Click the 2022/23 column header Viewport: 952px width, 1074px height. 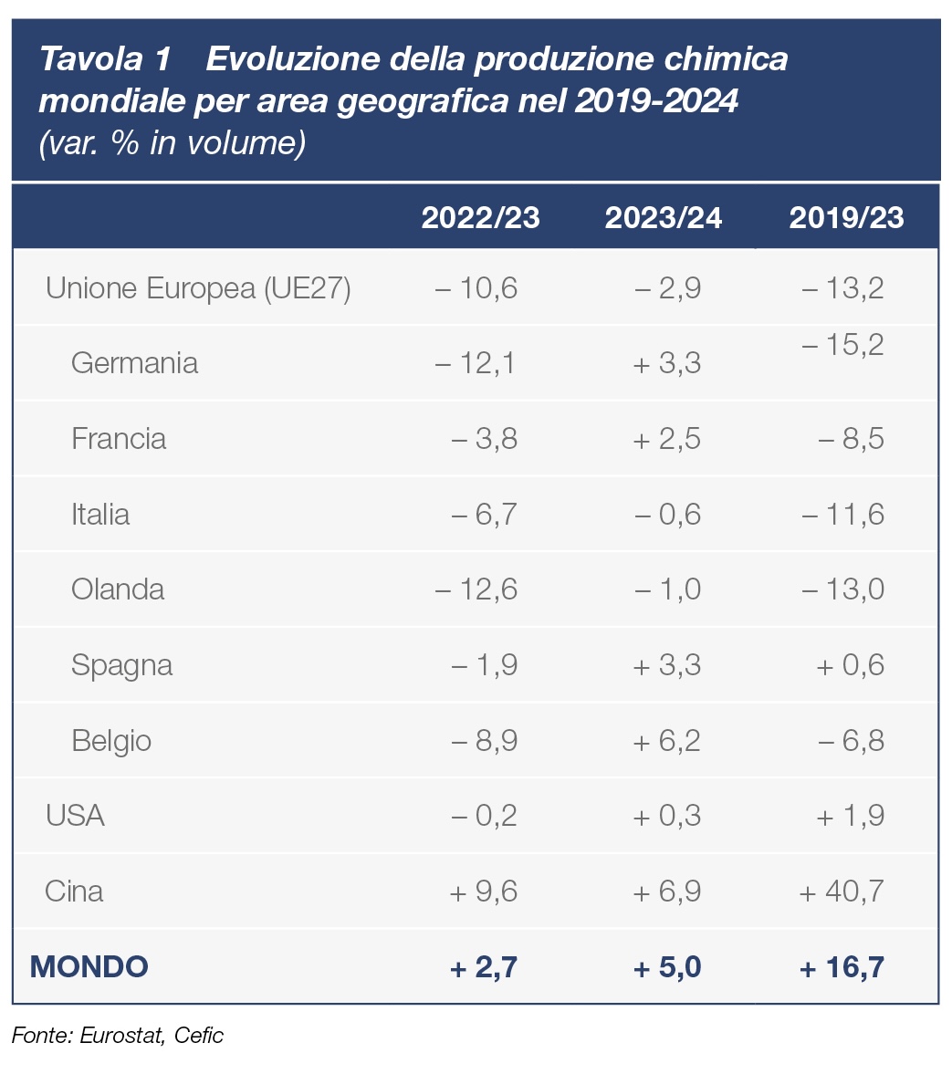[x=480, y=218]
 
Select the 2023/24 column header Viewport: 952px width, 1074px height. [x=664, y=218]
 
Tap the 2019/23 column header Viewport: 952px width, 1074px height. [x=846, y=218]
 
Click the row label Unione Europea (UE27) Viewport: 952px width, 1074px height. [x=198, y=289]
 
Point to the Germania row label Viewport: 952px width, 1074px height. [x=134, y=363]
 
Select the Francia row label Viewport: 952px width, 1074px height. [x=119, y=439]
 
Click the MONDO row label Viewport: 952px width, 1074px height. [x=89, y=966]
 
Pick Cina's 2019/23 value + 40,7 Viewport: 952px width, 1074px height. [x=842, y=891]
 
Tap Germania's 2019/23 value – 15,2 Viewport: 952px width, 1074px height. [x=842, y=346]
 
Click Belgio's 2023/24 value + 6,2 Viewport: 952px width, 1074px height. [x=667, y=740]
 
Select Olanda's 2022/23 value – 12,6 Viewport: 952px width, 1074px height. [x=476, y=589]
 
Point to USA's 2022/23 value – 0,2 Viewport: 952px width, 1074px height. [x=484, y=815]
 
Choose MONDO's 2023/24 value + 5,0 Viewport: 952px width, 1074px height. [x=667, y=966]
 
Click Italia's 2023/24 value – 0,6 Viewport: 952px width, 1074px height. [x=667, y=515]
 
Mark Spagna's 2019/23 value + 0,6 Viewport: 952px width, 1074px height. [x=850, y=665]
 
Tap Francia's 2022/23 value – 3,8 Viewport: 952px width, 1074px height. [x=484, y=439]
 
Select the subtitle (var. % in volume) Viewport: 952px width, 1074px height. [x=172, y=143]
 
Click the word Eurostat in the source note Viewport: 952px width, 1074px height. [x=121, y=1036]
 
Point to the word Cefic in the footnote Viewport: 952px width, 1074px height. [x=198, y=1036]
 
